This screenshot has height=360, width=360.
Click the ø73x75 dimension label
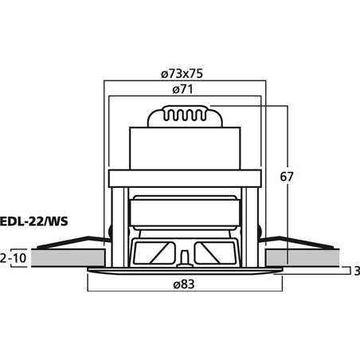tap(182, 72)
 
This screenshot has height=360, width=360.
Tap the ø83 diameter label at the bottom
tap(184, 284)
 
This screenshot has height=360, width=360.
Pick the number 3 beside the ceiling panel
tap(357, 272)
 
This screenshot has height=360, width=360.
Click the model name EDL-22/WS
tap(34, 221)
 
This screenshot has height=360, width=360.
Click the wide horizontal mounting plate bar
tap(184, 179)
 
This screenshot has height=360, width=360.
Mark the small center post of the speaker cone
tap(184, 256)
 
